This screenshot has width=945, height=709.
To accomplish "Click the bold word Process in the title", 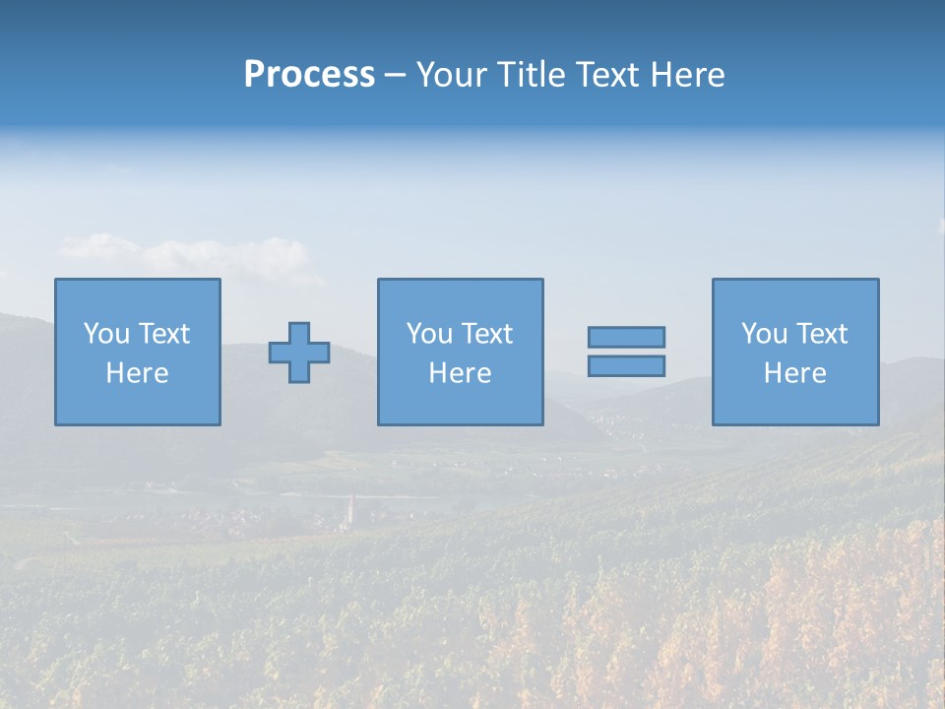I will (309, 75).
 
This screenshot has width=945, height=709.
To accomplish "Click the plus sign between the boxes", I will (299, 353).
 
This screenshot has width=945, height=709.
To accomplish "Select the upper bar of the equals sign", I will (626, 337).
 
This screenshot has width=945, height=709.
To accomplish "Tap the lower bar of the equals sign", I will (626, 366).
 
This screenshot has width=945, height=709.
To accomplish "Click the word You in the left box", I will (105, 334).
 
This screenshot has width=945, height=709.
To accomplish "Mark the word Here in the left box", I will (137, 373).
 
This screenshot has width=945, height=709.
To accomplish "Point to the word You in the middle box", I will (429, 334).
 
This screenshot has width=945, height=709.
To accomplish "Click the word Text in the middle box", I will (486, 334).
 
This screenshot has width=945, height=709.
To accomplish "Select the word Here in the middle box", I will (460, 373).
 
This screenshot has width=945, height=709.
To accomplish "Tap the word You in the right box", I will (764, 334).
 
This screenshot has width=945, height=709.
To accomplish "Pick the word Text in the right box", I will (821, 334).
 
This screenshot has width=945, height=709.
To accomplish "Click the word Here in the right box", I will (794, 373).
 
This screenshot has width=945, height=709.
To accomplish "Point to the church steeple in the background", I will (350, 508).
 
